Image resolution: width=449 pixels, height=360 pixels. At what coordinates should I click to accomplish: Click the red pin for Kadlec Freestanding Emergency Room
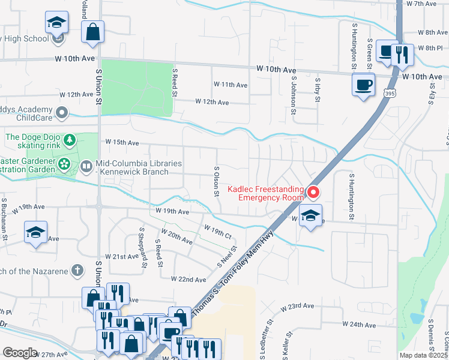pos(313,193)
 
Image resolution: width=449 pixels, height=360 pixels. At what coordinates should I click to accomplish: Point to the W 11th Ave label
pos(230,85)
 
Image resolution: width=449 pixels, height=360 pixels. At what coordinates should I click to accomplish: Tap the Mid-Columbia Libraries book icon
pos(86,165)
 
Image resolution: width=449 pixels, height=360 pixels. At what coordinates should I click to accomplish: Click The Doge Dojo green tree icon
pos(70,140)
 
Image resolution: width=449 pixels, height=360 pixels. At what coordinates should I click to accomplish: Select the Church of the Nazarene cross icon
pos(76,270)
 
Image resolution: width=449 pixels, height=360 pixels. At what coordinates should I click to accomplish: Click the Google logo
pos(20,353)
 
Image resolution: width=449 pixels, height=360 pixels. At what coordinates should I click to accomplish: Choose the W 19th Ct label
pos(217,232)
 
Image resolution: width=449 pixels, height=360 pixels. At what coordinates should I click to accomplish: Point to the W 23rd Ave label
pos(298,306)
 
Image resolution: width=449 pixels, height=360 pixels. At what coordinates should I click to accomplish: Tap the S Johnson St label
pos(294,94)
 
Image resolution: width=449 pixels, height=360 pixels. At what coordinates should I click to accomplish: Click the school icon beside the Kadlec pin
pos(310,216)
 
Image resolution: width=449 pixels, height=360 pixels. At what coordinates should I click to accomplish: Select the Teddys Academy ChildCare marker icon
pos(61,113)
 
